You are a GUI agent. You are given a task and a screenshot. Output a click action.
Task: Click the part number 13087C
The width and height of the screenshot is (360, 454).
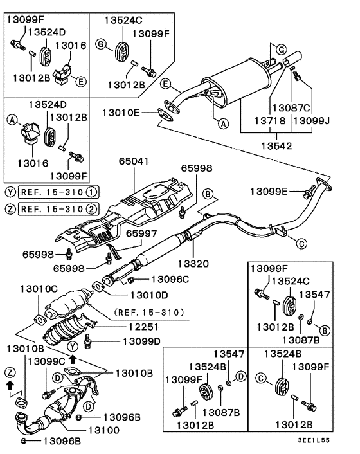[x=291, y=108]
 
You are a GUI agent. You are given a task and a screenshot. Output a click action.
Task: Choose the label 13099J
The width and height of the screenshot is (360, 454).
[x=311, y=120]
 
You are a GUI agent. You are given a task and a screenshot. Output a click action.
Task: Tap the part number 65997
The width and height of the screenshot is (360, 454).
[x=140, y=234]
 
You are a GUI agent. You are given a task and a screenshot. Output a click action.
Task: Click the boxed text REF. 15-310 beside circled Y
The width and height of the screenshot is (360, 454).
[x=50, y=192]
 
